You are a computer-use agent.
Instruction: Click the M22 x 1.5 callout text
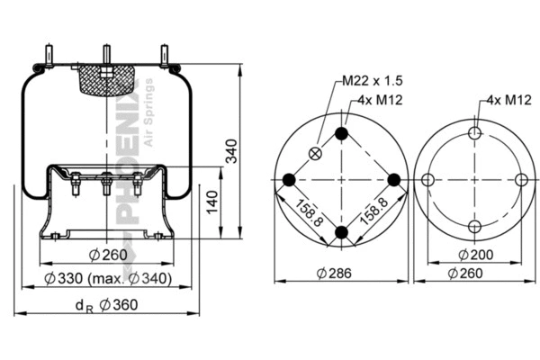click(x=370, y=81)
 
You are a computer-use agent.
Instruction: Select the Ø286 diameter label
click(x=339, y=273)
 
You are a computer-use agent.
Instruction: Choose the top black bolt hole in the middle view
click(x=341, y=134)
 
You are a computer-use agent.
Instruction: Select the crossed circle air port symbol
click(x=314, y=153)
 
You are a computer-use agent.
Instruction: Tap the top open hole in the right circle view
click(x=475, y=133)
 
